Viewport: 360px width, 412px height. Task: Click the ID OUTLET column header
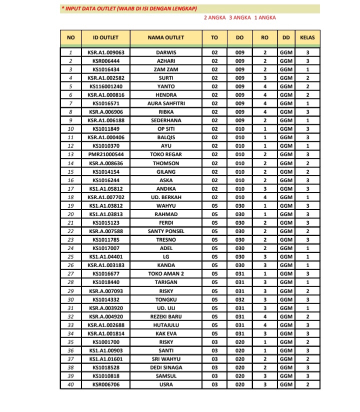pyautogui.click(x=105, y=37)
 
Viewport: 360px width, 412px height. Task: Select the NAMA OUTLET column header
pyautogui.click(x=166, y=37)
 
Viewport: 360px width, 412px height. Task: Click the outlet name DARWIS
pyautogui.click(x=166, y=52)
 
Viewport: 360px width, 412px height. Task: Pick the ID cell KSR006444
pyautogui.click(x=105, y=61)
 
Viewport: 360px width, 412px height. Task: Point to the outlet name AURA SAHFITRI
pyautogui.click(x=166, y=103)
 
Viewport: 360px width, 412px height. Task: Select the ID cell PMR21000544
pyautogui.click(x=105, y=154)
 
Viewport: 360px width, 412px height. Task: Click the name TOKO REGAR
pyautogui.click(x=166, y=154)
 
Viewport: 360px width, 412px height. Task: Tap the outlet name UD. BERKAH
pyautogui.click(x=166, y=197)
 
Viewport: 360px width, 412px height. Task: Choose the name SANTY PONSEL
pyautogui.click(x=166, y=231)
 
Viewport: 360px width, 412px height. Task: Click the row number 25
pyautogui.click(x=70, y=257)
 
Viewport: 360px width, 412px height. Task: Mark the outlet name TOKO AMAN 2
pyautogui.click(x=166, y=274)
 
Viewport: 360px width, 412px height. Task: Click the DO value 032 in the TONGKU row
pyautogui.click(x=239, y=299)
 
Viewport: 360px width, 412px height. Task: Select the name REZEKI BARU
pyautogui.click(x=166, y=316)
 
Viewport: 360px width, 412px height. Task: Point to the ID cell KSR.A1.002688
pyautogui.click(x=105, y=325)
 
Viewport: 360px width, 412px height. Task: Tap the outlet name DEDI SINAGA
pyautogui.click(x=166, y=367)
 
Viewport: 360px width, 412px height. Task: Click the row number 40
pyautogui.click(x=70, y=385)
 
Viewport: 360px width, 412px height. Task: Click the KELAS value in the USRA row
pyautogui.click(x=308, y=385)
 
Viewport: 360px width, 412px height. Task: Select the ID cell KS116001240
pyautogui.click(x=105, y=86)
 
